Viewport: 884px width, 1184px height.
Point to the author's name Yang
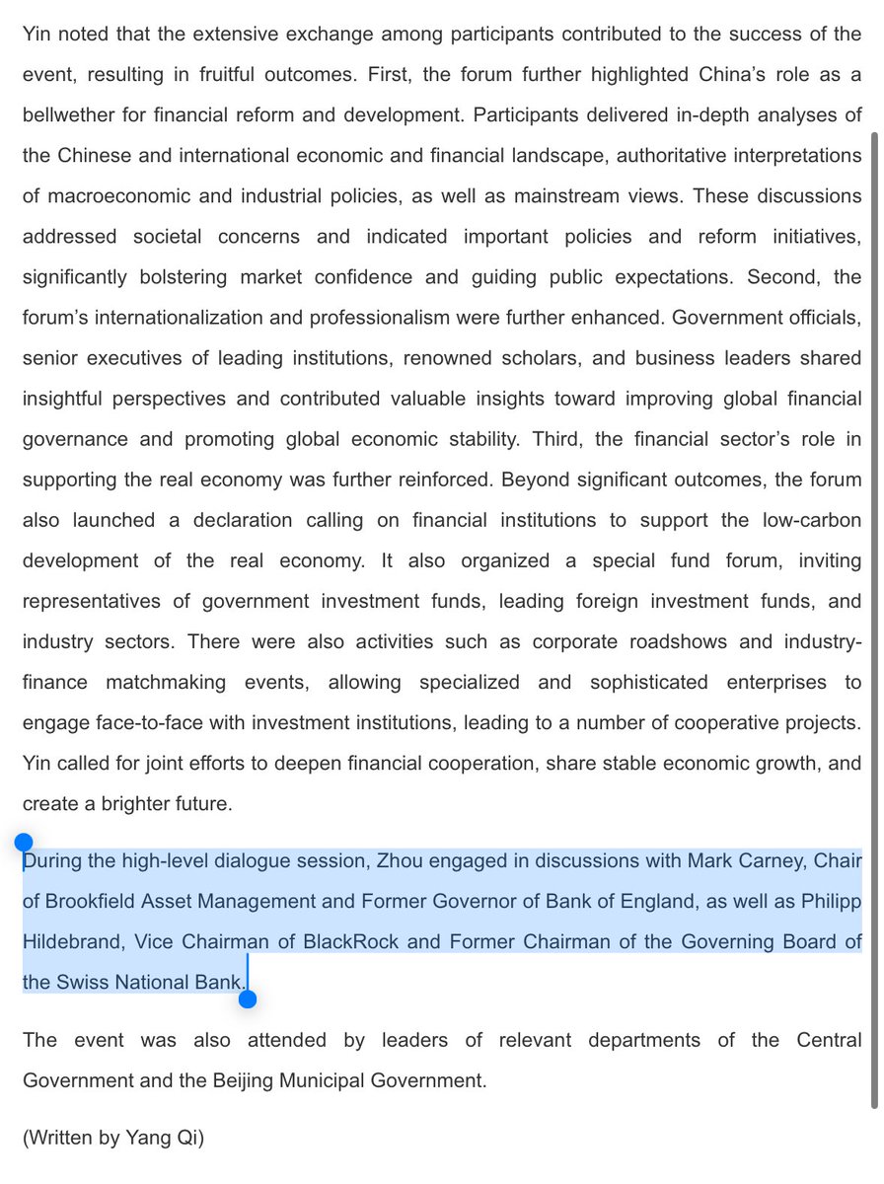pos(148,1138)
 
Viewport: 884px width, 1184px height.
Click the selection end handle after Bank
pos(248,999)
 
